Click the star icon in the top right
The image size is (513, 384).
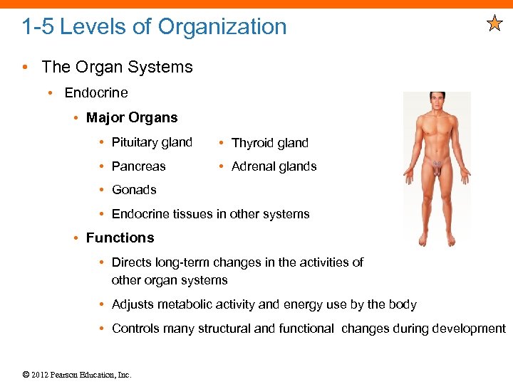[494, 24]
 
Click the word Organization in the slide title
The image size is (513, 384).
[222, 27]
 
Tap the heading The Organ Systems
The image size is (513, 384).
[117, 67]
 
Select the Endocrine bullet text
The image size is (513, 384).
[96, 92]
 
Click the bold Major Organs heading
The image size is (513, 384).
[132, 117]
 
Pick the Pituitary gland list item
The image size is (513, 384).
[152, 142]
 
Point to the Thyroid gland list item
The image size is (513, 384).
[270, 143]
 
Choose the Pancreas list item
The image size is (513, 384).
[138, 166]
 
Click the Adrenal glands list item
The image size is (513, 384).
[274, 166]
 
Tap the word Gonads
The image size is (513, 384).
[134, 190]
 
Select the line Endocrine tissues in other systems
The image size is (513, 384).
[210, 214]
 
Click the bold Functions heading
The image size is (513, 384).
[120, 238]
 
